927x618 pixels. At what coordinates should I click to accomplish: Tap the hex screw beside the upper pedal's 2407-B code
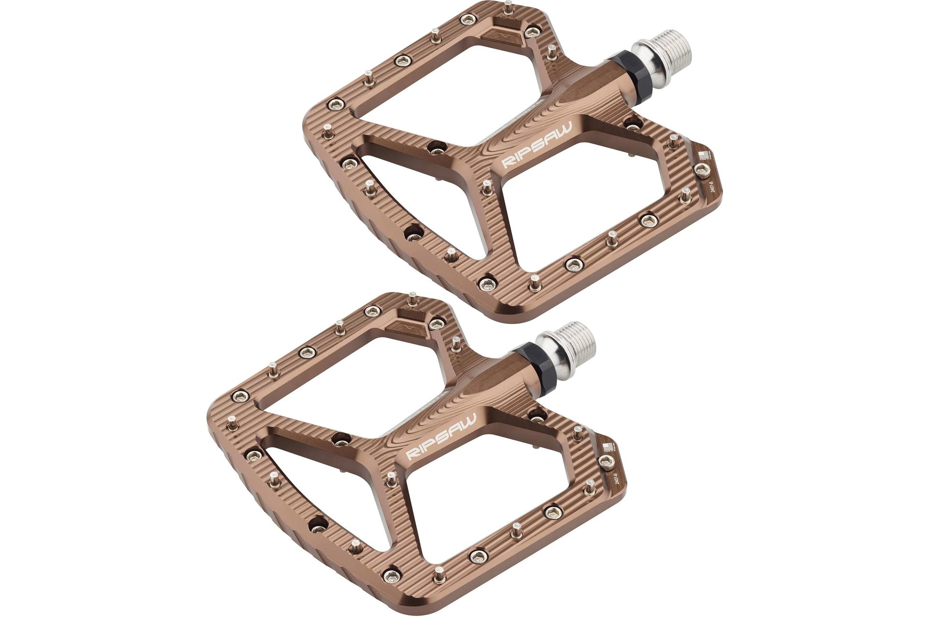[x=701, y=169]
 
